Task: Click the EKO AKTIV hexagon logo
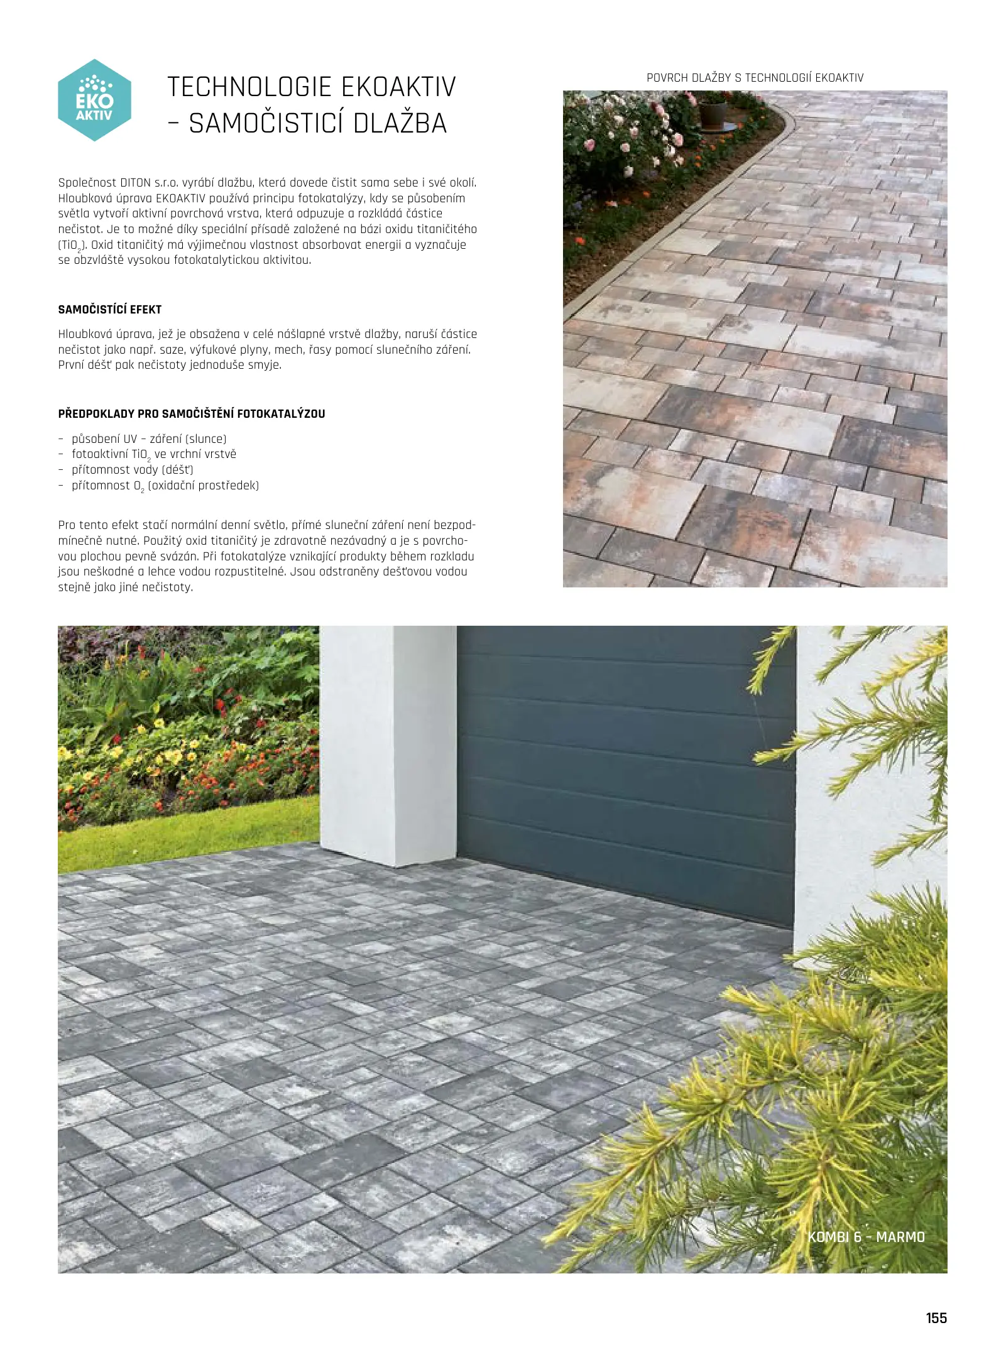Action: pos(94,100)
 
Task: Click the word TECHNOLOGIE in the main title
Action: pos(249,87)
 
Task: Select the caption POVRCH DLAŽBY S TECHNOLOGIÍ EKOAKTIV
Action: pos(755,78)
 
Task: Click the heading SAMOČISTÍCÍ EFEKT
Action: pos(110,310)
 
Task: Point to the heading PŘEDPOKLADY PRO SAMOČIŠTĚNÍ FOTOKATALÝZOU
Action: pos(192,414)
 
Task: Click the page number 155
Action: pos(936,1318)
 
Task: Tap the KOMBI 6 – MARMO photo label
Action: pos(866,1237)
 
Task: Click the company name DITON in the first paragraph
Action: pos(135,183)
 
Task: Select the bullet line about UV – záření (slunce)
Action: pos(149,439)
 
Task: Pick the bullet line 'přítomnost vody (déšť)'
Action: pos(133,470)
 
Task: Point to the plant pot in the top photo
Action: pos(713,112)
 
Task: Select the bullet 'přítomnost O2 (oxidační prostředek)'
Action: pos(165,486)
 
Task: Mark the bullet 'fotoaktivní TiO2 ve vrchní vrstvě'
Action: pos(154,454)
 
